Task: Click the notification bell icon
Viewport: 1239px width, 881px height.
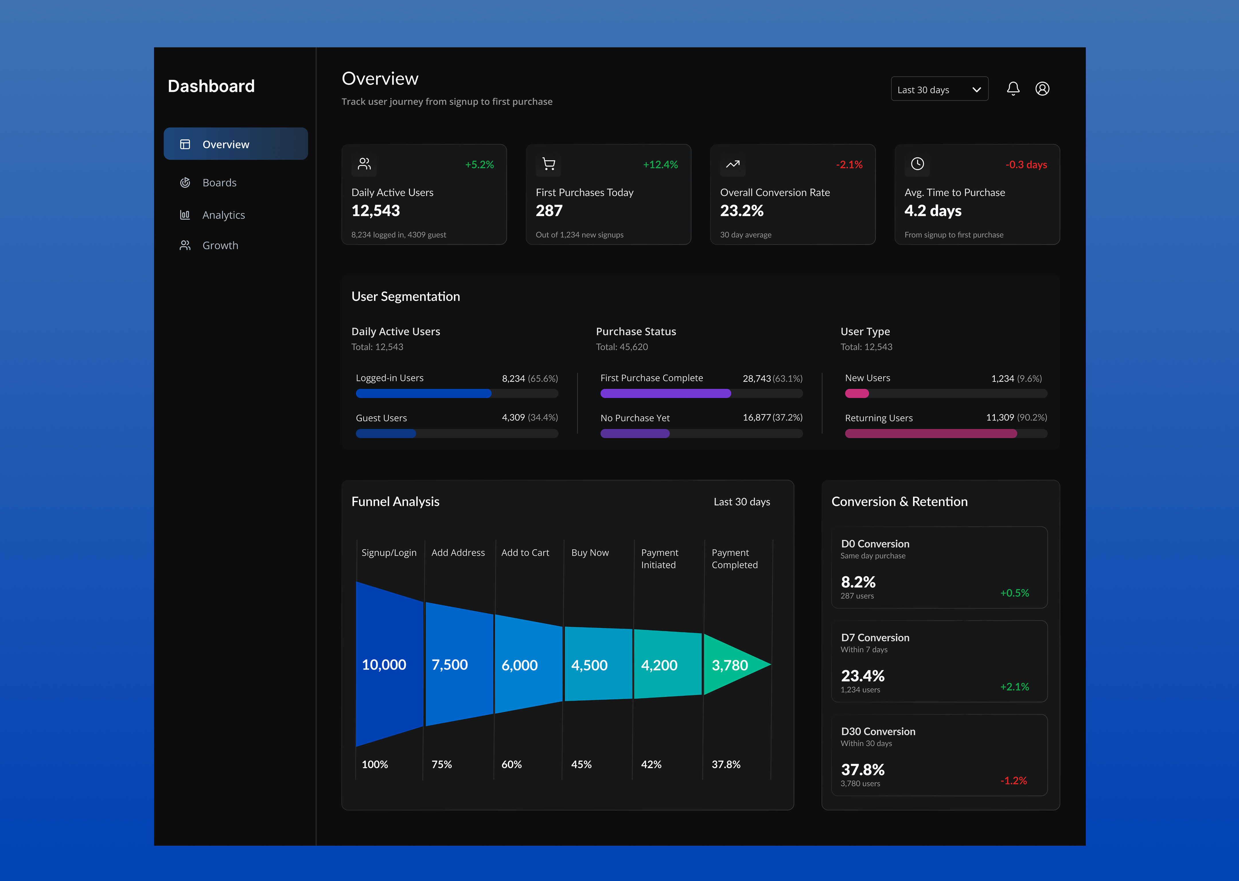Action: pyautogui.click(x=1013, y=88)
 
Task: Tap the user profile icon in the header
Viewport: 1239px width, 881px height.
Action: pyautogui.click(x=1042, y=88)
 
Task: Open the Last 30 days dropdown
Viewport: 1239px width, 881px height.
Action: pyautogui.click(x=939, y=89)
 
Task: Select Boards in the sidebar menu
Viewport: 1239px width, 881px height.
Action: pyautogui.click(x=219, y=183)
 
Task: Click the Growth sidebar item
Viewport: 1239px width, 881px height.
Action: pyautogui.click(x=220, y=246)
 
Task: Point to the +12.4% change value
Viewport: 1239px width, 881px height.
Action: pyautogui.click(x=660, y=164)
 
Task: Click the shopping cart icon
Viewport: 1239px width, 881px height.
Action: pyautogui.click(x=548, y=164)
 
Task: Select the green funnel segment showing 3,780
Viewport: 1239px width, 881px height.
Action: pyautogui.click(x=732, y=664)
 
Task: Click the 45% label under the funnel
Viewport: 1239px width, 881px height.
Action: pyautogui.click(x=581, y=764)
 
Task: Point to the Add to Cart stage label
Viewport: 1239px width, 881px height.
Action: pyautogui.click(x=525, y=553)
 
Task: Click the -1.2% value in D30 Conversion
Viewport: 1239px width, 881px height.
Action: pyautogui.click(x=1013, y=781)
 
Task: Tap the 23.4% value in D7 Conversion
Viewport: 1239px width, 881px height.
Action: pyautogui.click(x=862, y=676)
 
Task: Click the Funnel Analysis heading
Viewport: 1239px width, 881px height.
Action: pyautogui.click(x=396, y=502)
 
